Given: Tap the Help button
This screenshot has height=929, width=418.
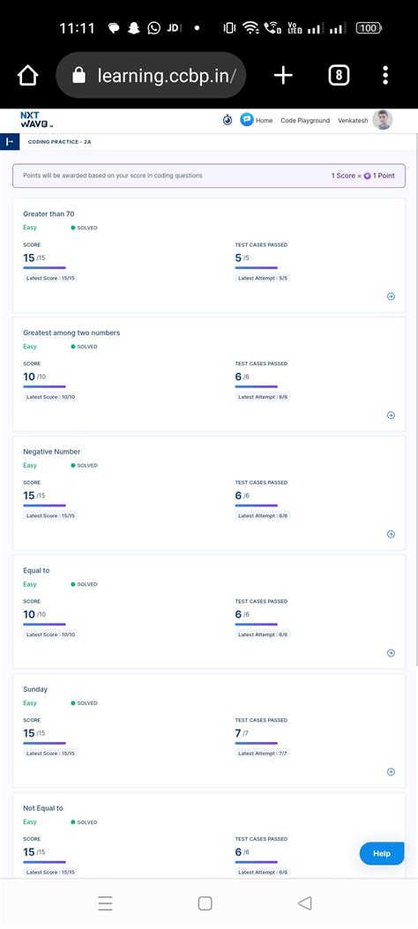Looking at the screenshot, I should (x=382, y=853).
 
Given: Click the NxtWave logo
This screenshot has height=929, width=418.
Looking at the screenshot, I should (x=36, y=120).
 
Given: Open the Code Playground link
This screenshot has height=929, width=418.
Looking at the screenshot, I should (x=305, y=121).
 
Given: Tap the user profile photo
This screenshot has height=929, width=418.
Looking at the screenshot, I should (x=383, y=120).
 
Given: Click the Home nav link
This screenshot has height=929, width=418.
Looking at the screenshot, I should (x=264, y=121).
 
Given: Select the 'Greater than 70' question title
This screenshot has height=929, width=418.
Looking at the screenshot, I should (x=49, y=214).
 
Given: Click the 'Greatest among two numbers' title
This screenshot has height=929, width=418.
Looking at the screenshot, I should (x=71, y=333).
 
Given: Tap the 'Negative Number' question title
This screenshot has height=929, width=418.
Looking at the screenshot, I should (x=51, y=452).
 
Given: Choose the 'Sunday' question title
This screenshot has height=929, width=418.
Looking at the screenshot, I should (x=35, y=689).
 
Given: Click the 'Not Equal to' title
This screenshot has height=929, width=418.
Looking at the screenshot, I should (x=43, y=808).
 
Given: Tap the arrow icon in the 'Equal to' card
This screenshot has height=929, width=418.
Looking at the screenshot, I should (x=391, y=653).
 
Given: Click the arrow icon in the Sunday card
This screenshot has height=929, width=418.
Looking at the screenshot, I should (x=391, y=772).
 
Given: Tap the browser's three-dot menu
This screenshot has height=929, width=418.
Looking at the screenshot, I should (x=385, y=76).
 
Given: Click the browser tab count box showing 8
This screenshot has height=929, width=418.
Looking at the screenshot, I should (x=339, y=76).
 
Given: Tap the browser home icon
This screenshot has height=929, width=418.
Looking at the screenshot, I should (x=28, y=76).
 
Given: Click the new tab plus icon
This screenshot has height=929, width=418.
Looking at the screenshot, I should (x=283, y=76).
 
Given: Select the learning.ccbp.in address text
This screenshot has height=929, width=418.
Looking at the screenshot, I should (x=167, y=77).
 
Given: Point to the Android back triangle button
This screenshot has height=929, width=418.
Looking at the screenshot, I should (x=305, y=903).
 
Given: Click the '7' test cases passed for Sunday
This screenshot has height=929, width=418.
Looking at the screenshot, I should (x=238, y=733).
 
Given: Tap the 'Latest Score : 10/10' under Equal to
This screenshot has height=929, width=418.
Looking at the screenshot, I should (x=51, y=634).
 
